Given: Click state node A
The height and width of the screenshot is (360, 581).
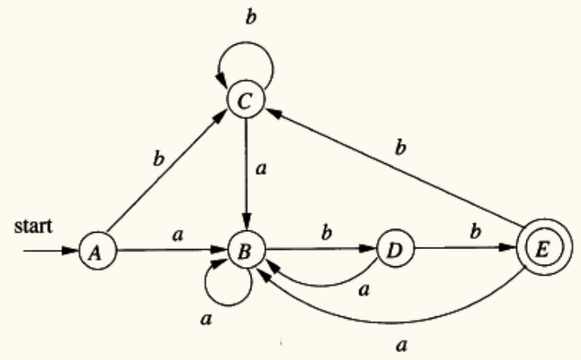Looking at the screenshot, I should click(x=93, y=252).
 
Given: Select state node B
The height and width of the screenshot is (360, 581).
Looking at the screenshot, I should click(x=246, y=252).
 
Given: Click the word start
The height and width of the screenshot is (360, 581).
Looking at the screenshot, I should click(x=38, y=226).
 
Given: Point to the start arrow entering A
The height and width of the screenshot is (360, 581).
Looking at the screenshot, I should click(x=50, y=252).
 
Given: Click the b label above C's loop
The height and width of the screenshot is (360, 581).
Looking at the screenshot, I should click(x=250, y=16).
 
